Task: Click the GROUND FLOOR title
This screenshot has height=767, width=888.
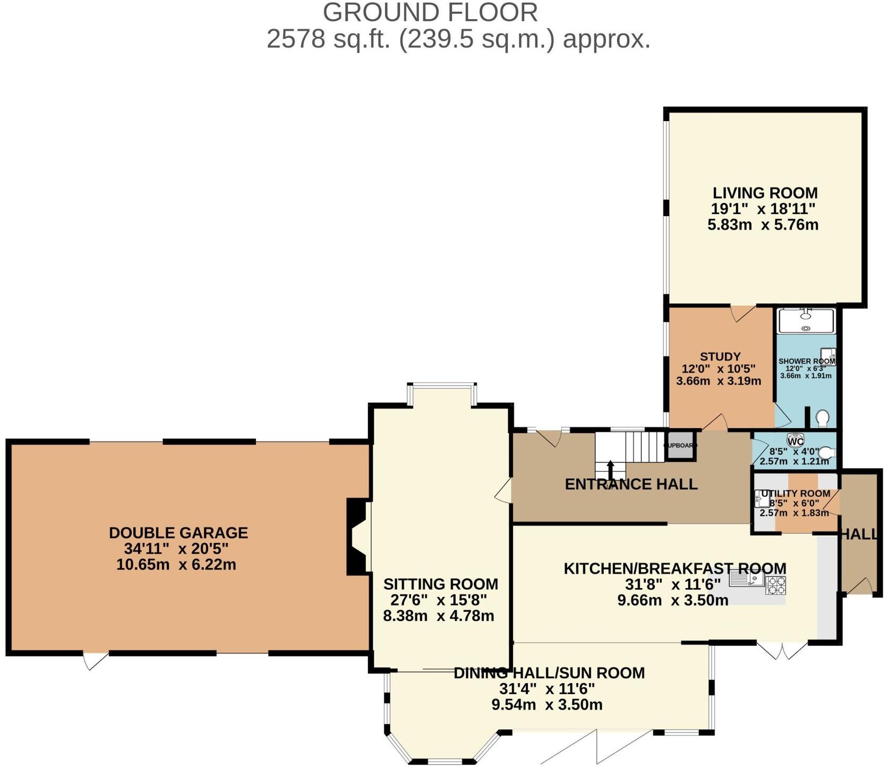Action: point(430,13)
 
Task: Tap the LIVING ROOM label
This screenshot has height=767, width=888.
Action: point(765,193)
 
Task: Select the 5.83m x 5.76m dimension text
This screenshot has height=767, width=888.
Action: point(763,225)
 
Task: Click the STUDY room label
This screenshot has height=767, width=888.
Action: point(720,356)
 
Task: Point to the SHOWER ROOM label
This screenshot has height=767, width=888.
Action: point(806,361)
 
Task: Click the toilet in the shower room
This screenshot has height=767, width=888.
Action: point(823,419)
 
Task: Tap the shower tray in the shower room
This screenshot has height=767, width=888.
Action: point(806,321)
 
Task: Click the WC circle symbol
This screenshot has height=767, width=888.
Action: point(795,441)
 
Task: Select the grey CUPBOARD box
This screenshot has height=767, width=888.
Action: point(680,446)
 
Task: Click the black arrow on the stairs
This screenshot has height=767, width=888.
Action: point(610,467)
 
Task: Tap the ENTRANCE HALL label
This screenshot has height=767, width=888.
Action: point(631,484)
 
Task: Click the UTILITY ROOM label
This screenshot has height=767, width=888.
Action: point(795,493)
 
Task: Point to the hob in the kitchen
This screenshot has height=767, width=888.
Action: point(775,585)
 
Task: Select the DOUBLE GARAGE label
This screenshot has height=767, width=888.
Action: point(178,533)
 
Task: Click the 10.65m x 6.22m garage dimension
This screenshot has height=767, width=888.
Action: point(176,565)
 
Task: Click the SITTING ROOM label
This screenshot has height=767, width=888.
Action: point(441,584)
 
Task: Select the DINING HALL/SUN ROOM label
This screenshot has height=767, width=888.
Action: point(549,673)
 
